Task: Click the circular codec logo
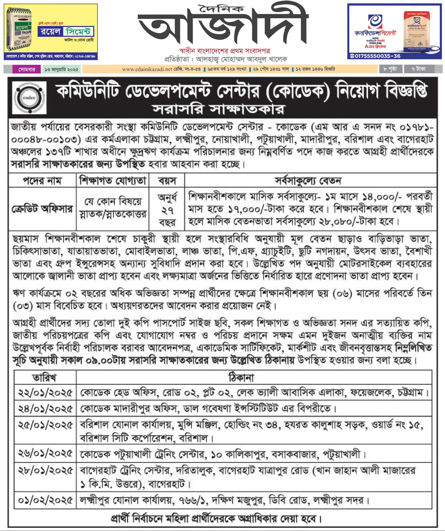point(29,98)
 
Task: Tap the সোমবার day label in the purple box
point(27,69)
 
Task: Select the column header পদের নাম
point(42,181)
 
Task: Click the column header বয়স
point(167,181)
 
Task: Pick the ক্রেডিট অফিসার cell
point(42,209)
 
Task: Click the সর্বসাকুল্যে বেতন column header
point(308,181)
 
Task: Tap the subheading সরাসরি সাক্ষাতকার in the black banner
point(219,110)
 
